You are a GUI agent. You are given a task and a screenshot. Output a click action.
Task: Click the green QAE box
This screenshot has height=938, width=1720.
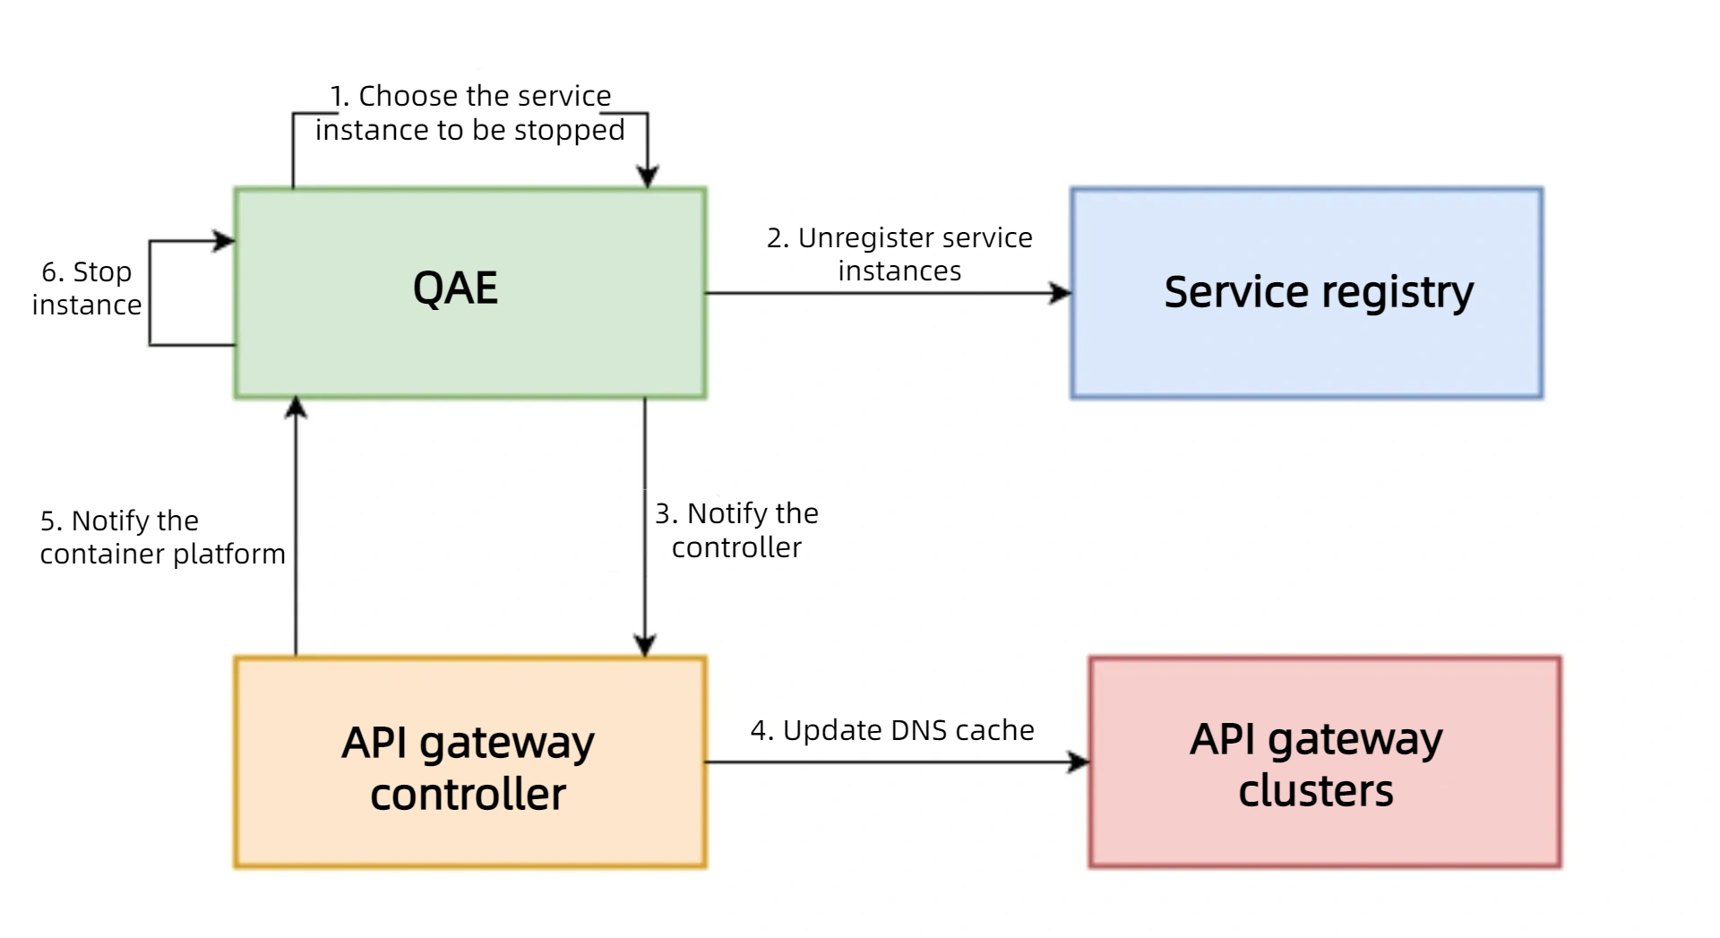coord(470,292)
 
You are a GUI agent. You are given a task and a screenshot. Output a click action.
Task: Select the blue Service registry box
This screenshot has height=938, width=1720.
coord(1307,292)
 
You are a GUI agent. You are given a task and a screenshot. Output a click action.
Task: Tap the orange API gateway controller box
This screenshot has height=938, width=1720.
coord(470,762)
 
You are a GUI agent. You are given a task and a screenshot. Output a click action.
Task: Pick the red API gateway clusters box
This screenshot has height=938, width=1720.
coord(1326,762)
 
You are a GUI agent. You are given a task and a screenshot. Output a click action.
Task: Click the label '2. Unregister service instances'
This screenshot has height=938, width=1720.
coord(899,254)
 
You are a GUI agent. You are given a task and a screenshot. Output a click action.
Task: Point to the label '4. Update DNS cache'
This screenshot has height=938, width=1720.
coord(892,730)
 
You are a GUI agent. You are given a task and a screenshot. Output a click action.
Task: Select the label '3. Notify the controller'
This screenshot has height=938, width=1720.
coord(737,530)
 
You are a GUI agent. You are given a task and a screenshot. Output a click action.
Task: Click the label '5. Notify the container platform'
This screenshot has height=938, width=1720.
coord(162,538)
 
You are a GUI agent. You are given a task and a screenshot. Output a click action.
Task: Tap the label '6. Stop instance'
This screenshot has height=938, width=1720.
coord(87,288)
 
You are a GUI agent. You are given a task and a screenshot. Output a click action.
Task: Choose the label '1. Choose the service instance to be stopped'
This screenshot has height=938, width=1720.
coord(470,113)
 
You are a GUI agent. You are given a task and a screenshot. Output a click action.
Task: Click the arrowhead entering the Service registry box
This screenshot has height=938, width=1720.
coord(1061,293)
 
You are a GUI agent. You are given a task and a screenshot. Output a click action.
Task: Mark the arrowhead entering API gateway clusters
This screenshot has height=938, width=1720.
coord(1079,762)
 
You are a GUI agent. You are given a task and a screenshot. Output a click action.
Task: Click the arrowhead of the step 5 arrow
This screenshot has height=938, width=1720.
coord(296,408)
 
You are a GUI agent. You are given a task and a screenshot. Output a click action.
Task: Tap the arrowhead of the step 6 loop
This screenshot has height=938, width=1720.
coord(224,241)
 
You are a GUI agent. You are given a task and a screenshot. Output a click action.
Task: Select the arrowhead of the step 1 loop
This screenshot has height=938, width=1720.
coord(648,176)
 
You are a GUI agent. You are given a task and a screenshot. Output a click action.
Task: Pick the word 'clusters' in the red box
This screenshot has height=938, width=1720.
coord(1316,791)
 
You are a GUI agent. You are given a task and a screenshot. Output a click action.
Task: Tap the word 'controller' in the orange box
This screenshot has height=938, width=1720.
coord(469,795)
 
